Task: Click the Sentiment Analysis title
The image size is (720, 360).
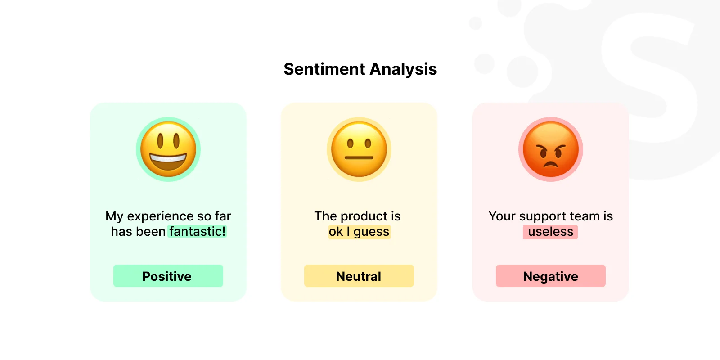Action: pyautogui.click(x=360, y=69)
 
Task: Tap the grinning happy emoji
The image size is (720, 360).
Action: pyautogui.click(x=168, y=149)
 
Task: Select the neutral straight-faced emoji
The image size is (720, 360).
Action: pyautogui.click(x=359, y=149)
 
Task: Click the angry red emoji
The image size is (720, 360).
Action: pyautogui.click(x=551, y=149)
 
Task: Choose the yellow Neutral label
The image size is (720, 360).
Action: pyautogui.click(x=359, y=276)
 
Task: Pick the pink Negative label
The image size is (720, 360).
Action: pyautogui.click(x=551, y=276)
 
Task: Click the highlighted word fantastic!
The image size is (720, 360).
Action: pyautogui.click(x=198, y=231)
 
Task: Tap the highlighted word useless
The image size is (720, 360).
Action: pyautogui.click(x=550, y=232)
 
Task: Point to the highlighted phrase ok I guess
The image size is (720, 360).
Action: pyautogui.click(x=359, y=232)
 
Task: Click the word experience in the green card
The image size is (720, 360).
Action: pyautogui.click(x=160, y=216)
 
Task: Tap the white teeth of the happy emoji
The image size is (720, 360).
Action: pyautogui.click(x=168, y=158)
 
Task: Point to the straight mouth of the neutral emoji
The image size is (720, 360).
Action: pyautogui.click(x=359, y=158)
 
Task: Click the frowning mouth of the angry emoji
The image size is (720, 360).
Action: pyautogui.click(x=551, y=165)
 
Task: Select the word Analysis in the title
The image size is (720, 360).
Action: pyautogui.click(x=403, y=69)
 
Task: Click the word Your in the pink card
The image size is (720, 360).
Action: pyautogui.click(x=502, y=216)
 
